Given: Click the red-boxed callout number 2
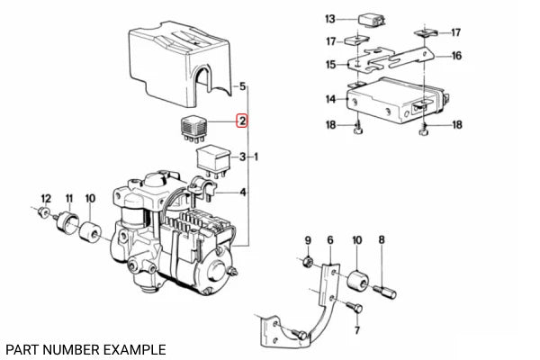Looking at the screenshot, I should (241, 120).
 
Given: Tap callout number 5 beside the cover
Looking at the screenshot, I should (241, 86).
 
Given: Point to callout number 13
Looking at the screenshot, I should (329, 18).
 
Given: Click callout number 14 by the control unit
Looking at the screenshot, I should (330, 99).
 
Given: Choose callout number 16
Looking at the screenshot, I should (457, 56).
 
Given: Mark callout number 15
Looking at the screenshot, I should (330, 65).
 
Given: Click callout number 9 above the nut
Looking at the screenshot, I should (307, 239).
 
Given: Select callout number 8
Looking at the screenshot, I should (382, 239).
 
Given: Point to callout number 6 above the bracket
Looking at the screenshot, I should (330, 239).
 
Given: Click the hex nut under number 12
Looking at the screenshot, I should (43, 213).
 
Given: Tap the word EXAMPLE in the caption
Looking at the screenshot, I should (131, 348).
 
